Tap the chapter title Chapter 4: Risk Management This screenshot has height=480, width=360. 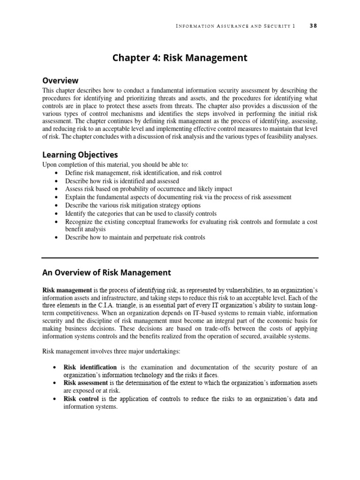click(180, 58)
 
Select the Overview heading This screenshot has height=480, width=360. click(60, 81)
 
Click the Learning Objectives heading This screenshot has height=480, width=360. click(80, 155)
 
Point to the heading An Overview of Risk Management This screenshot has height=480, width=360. click(107, 272)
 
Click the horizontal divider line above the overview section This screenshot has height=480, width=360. click(180, 257)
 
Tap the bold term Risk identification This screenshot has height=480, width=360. click(90, 367)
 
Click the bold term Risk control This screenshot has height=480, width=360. click(81, 399)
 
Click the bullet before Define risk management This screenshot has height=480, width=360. click(57, 173)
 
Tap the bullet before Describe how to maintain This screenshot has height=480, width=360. click(57, 238)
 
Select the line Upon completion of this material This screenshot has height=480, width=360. click(115, 165)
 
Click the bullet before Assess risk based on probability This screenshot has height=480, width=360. click(57, 189)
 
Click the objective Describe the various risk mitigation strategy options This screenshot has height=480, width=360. click(133, 205)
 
